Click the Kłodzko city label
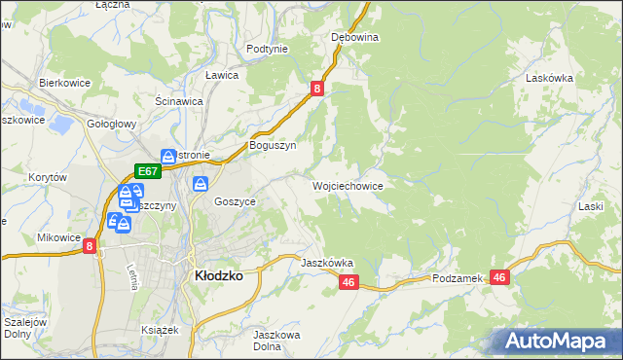[x=219, y=275]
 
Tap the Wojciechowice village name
[x=347, y=185]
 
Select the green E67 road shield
[x=147, y=170]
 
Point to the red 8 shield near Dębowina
[x=317, y=89]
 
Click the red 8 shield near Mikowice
[x=90, y=247]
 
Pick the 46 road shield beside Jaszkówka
[x=349, y=282]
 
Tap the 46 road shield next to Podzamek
[x=499, y=277]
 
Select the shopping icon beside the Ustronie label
[x=168, y=156]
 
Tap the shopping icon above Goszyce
[x=201, y=183]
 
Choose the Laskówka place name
[x=547, y=76]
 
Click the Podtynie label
[x=267, y=49]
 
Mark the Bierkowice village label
[x=64, y=83]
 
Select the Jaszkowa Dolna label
[x=274, y=341]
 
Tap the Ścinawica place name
[x=179, y=100]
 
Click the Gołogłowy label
[x=110, y=125]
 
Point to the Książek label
[x=161, y=330]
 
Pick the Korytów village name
[x=47, y=178]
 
